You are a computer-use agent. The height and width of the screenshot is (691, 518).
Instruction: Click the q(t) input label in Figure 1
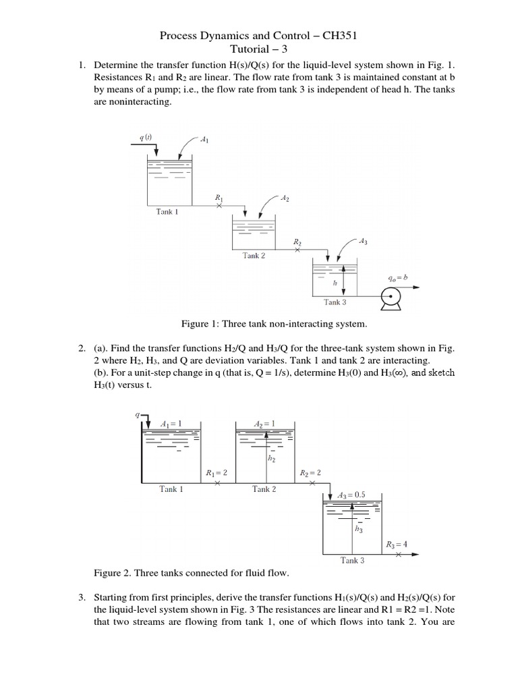[146, 138]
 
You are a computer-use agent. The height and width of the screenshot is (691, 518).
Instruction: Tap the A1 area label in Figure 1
[205, 140]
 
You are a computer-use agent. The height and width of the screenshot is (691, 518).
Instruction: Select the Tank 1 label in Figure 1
[167, 211]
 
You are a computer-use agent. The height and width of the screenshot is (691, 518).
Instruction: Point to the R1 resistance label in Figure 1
[219, 197]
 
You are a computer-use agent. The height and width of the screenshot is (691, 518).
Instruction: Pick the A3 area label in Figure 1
[363, 240]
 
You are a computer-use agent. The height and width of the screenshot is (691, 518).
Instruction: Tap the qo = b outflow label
[399, 277]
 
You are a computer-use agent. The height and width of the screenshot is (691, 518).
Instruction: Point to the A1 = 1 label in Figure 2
[171, 423]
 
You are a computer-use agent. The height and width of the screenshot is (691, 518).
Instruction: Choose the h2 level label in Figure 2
[272, 460]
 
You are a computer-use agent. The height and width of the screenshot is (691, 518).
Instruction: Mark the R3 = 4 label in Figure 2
[397, 545]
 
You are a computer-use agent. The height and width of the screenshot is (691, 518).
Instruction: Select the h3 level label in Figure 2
[359, 530]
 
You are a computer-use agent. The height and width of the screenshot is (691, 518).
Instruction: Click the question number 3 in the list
[81, 597]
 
